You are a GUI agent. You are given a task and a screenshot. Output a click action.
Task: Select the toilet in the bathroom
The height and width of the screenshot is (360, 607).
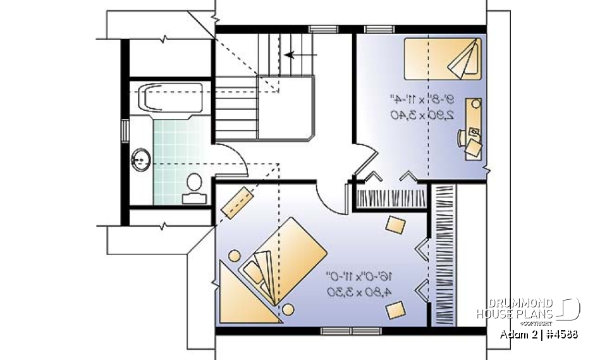(194, 185)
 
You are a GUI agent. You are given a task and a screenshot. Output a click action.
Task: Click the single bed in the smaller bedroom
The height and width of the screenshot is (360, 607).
(443, 59)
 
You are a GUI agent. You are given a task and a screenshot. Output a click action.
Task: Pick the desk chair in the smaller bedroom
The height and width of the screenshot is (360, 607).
(474, 147)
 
